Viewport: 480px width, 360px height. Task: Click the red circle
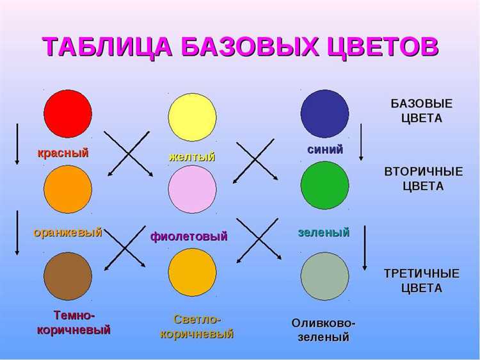pos(68,113)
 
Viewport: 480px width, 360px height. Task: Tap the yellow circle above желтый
pos(192,117)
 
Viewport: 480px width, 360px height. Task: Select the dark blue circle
pos(324,113)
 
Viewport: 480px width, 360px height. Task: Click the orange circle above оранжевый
pos(68,189)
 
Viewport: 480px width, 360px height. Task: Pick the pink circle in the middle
pos(192,189)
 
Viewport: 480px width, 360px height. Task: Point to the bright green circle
pos(324,185)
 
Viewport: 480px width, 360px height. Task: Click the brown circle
pos(68,276)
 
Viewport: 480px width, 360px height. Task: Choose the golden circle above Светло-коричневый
pos(192,272)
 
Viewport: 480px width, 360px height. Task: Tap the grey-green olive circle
pos(324,276)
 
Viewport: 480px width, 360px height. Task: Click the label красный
pos(63,152)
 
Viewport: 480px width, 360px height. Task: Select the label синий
pos(325,149)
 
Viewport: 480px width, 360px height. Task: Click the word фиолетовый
pos(189,236)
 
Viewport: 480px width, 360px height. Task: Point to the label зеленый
pos(323,233)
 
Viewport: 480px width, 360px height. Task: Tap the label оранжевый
pos(68,233)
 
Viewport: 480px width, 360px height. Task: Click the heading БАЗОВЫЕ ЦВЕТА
pos(421,111)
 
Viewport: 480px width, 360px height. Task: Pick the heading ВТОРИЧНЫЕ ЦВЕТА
pos(422,179)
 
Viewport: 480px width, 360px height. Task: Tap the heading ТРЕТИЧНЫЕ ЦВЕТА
pos(421,281)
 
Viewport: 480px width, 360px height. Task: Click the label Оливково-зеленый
pos(323,330)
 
